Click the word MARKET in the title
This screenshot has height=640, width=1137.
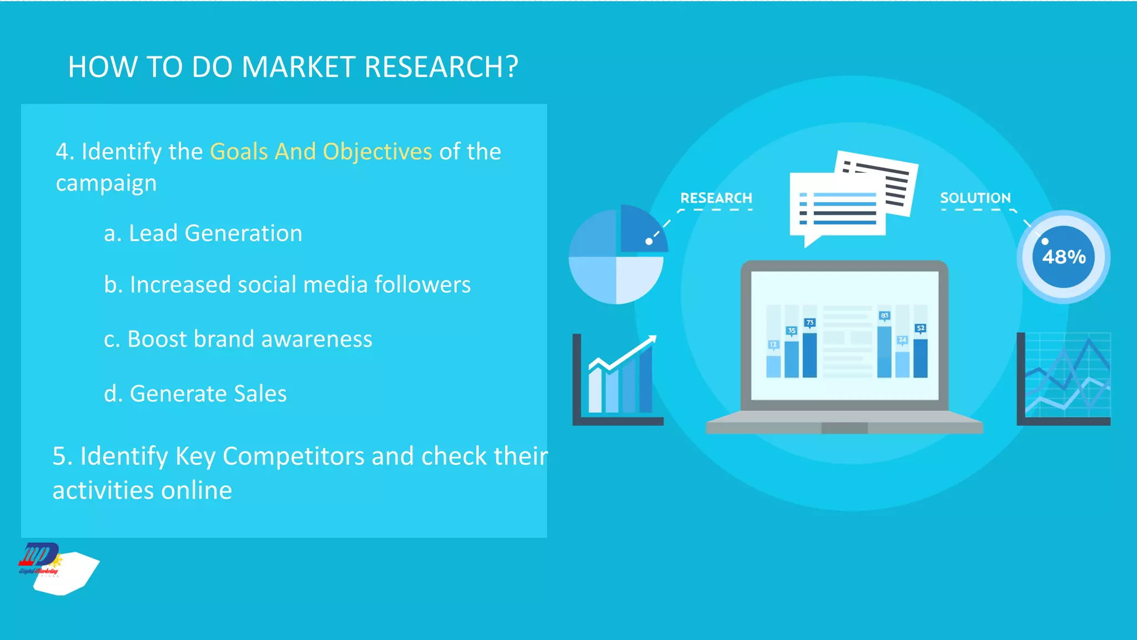pos(299,67)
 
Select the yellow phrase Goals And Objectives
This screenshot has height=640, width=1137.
pos(321,152)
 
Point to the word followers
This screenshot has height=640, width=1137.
pos(422,284)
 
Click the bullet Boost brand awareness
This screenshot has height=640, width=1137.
pos(238,339)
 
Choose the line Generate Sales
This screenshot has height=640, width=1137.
pos(195,393)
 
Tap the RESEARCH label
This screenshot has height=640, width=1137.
pos(716,198)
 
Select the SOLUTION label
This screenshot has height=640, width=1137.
pos(975,198)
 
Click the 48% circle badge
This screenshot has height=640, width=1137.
pos(1063,257)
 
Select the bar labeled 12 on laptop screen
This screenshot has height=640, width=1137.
pos(773,366)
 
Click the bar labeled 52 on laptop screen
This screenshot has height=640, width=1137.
pos(920,357)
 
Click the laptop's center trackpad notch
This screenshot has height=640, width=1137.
pos(844,428)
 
